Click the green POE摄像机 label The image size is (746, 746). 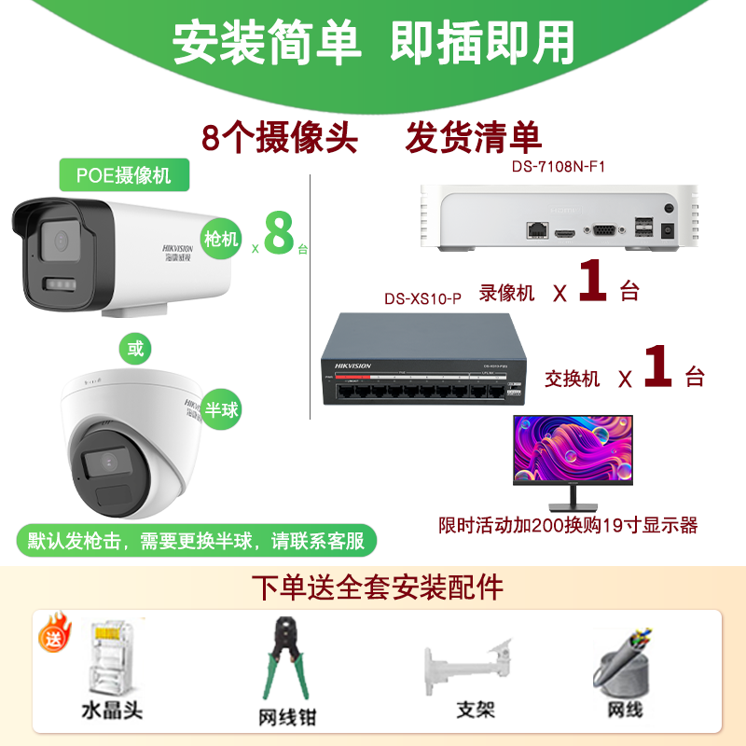click(x=122, y=173)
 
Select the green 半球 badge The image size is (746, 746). click(x=222, y=409)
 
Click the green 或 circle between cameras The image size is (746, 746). click(x=136, y=350)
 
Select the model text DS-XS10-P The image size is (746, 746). click(x=422, y=299)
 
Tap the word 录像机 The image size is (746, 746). click(x=507, y=292)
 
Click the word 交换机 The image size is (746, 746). click(x=573, y=378)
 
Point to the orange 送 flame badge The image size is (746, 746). click(x=51, y=640)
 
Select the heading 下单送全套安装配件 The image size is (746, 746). click(x=378, y=587)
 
